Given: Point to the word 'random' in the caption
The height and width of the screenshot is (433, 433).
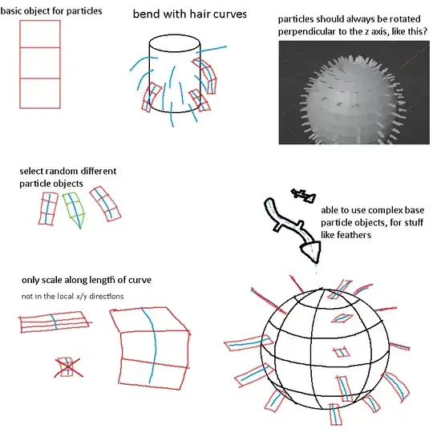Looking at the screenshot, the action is coord(58,172).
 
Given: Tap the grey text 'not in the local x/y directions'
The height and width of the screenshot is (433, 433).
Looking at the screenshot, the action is coord(72,297).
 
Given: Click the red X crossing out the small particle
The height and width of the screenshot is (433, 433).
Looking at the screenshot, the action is coord(68,367).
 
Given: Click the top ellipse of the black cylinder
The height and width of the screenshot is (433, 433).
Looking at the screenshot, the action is coord(175,43).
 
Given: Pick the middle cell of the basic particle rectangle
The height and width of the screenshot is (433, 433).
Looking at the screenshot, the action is coord(40,63).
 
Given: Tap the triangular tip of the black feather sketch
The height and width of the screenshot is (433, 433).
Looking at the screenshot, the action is coord(312,251).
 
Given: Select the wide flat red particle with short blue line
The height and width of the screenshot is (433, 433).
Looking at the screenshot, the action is coord(55,322).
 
